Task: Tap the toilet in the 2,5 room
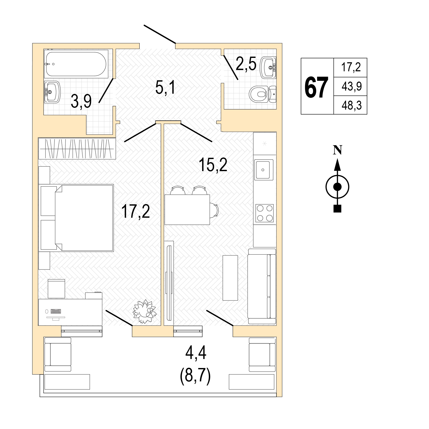tap(263, 94)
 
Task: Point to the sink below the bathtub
tap(52, 91)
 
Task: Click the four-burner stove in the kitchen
tap(264, 213)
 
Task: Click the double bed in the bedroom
tap(84, 217)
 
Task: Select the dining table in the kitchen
tap(187, 209)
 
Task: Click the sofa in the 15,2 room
tap(262, 286)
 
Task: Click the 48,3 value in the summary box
tap(352, 106)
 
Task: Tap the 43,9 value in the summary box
tap(352, 86)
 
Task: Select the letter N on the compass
tap(337, 150)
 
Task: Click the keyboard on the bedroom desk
tap(56, 311)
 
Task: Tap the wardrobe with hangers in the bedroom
tap(77, 148)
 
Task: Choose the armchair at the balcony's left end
tap(58, 355)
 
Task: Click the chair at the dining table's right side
tap(214, 209)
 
